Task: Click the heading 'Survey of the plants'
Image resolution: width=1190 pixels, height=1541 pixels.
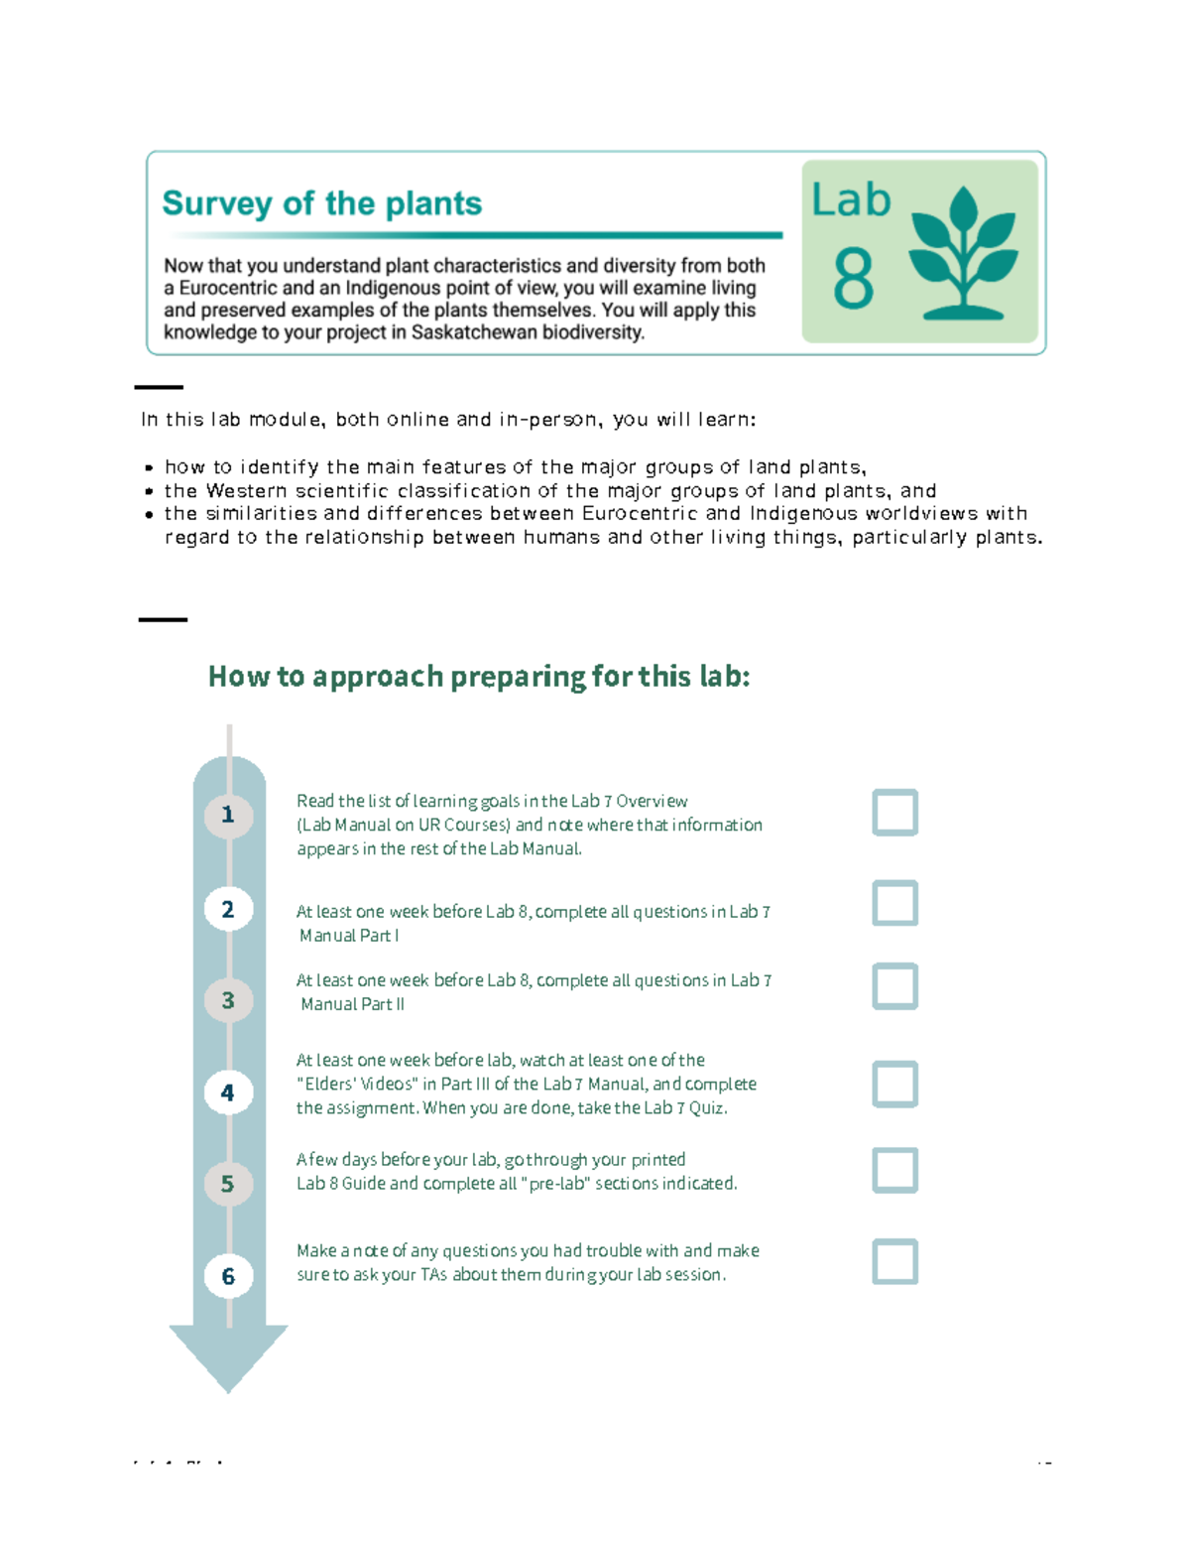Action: click(x=321, y=203)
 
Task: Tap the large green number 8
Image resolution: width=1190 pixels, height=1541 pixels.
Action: click(x=853, y=280)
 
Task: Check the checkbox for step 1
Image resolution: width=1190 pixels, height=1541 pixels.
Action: click(x=894, y=813)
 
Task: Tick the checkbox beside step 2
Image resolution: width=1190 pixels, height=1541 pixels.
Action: click(x=894, y=903)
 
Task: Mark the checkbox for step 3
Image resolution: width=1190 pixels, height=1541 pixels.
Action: click(x=894, y=986)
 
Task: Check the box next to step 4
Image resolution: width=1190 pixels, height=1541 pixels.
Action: click(x=894, y=1084)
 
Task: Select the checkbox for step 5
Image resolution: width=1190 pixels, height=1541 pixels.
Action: click(x=894, y=1170)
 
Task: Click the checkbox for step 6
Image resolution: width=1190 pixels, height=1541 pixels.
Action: click(x=894, y=1261)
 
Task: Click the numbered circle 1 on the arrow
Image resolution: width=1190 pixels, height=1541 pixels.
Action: click(x=228, y=816)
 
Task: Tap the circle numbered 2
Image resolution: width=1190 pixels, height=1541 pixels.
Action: click(x=228, y=909)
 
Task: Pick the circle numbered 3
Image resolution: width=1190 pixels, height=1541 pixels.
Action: click(x=228, y=1000)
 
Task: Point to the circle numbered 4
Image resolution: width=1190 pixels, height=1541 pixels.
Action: click(x=228, y=1092)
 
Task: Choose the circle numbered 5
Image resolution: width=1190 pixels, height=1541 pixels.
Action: click(x=228, y=1184)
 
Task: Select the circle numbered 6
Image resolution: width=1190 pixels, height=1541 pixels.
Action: click(x=228, y=1276)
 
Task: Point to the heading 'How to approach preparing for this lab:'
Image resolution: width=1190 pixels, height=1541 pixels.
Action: click(x=479, y=677)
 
